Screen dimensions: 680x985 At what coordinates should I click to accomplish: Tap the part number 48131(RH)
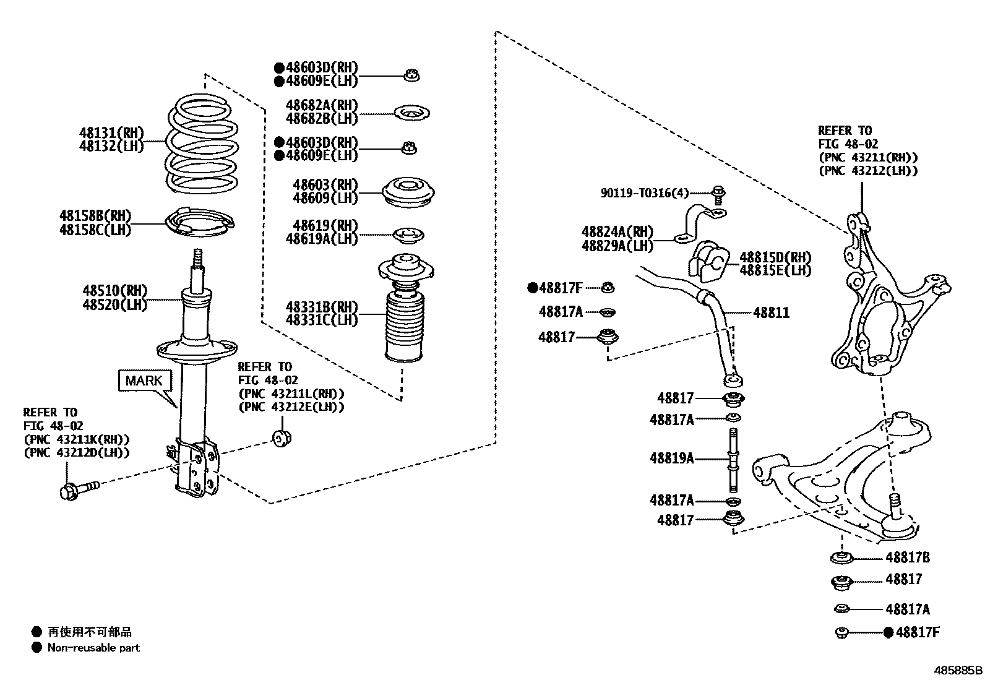(x=111, y=132)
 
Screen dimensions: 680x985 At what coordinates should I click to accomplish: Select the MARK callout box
(x=144, y=381)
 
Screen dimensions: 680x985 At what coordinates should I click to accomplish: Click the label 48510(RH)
(x=115, y=291)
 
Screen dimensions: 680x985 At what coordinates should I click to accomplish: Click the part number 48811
(x=771, y=313)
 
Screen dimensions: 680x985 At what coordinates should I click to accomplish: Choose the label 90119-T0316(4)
(x=644, y=193)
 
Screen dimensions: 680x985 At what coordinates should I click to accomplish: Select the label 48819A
(x=671, y=458)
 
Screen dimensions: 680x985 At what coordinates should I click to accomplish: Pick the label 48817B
(x=907, y=557)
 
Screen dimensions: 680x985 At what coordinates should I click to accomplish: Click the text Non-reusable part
(x=93, y=648)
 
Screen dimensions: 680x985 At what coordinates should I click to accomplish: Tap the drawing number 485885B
(x=958, y=670)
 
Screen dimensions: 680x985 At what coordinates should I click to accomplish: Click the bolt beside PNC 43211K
(x=79, y=489)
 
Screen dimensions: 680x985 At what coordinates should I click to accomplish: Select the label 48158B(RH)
(x=95, y=216)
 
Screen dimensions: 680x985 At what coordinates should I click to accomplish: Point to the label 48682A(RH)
(x=322, y=105)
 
